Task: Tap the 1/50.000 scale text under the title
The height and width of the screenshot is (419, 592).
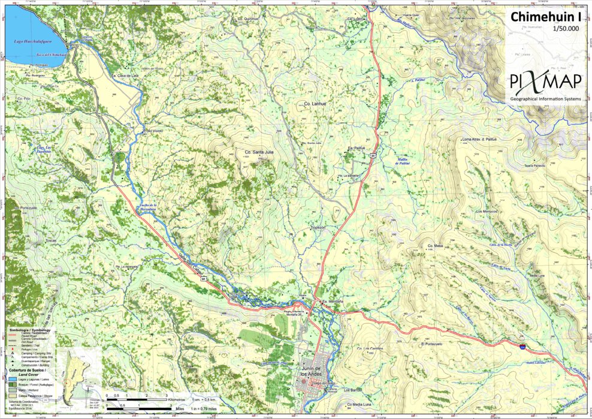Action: [x=566, y=28]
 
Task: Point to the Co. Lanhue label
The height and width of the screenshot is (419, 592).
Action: [x=315, y=104]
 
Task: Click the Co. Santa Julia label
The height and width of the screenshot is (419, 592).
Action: [x=259, y=152]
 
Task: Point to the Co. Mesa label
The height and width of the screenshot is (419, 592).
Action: [x=434, y=246]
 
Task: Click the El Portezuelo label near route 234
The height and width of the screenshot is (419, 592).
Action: [x=431, y=345]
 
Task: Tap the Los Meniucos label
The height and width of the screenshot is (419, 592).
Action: [x=487, y=212]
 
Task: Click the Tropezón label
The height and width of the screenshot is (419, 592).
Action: [x=317, y=228]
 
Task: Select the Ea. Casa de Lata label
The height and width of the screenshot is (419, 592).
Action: [x=126, y=76]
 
